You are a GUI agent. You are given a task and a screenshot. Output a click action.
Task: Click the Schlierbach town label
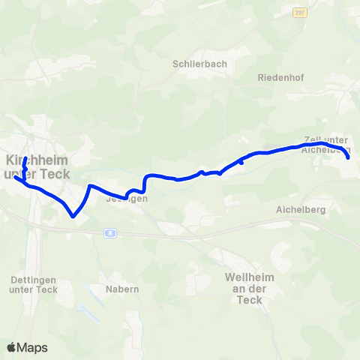(199, 64)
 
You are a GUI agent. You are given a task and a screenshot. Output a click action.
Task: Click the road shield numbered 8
(109, 233)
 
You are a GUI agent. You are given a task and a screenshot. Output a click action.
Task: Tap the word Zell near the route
(313, 139)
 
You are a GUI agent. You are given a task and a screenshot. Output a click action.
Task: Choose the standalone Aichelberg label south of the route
(300, 210)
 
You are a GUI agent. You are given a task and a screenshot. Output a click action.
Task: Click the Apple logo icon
(12, 347)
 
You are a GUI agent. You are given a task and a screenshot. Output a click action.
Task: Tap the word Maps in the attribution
(33, 347)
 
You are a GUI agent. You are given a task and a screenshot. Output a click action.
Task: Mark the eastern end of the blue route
(349, 157)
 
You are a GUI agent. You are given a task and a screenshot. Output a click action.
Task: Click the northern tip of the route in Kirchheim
(25, 159)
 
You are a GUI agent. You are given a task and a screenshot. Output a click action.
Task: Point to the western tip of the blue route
(15, 178)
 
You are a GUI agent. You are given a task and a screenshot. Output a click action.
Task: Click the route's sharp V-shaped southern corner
(73, 216)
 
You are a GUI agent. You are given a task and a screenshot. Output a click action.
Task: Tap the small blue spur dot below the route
(241, 162)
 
